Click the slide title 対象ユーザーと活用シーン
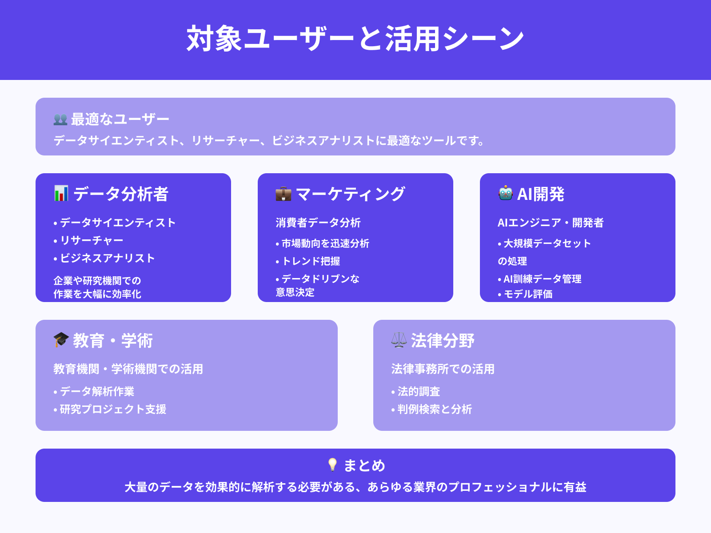pyautogui.click(x=355, y=39)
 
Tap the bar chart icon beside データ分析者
pyautogui.click(x=61, y=194)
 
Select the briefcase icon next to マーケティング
pyautogui.click(x=283, y=194)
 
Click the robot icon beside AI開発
pyautogui.click(x=505, y=194)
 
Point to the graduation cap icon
pyautogui.click(x=61, y=340)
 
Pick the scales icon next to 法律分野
pyautogui.click(x=399, y=340)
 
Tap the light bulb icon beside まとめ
pyautogui.click(x=332, y=465)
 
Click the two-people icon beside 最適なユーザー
pyautogui.click(x=60, y=119)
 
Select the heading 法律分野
pyautogui.click(x=443, y=341)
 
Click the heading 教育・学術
pyautogui.click(x=113, y=341)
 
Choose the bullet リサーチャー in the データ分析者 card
pyautogui.click(x=92, y=240)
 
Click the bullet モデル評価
pyautogui.click(x=528, y=294)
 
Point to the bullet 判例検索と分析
pyautogui.click(x=435, y=409)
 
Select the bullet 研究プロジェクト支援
pyautogui.click(x=113, y=409)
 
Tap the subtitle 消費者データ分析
pyautogui.click(x=318, y=223)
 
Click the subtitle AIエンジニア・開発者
pyautogui.click(x=551, y=223)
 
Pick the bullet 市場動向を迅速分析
pyautogui.click(x=325, y=243)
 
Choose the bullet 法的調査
pyautogui.click(x=419, y=391)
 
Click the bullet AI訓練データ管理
pyautogui.click(x=542, y=279)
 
